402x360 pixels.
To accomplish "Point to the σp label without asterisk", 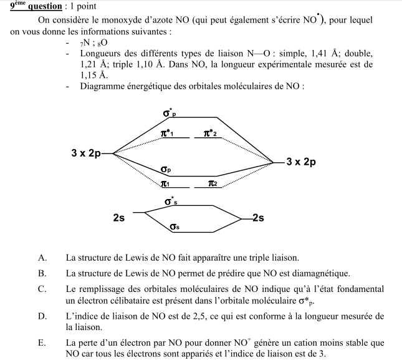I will tap(166, 169).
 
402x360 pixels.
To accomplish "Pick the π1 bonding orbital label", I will tap(165, 184).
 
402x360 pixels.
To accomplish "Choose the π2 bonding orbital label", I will tap(213, 184).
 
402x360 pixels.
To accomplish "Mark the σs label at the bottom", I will tap(175, 228).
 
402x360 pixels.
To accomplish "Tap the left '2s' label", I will tap(118, 218).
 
